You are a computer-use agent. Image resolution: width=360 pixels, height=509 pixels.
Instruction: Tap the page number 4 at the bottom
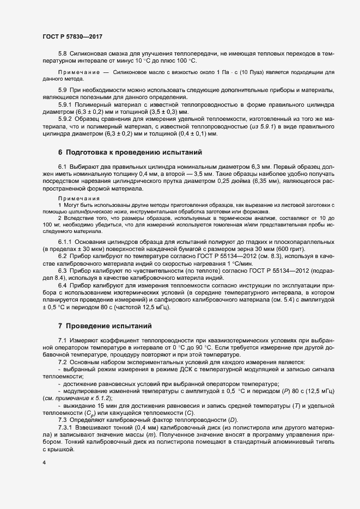44,463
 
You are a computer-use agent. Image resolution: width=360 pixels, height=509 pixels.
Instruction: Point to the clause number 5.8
63,54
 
